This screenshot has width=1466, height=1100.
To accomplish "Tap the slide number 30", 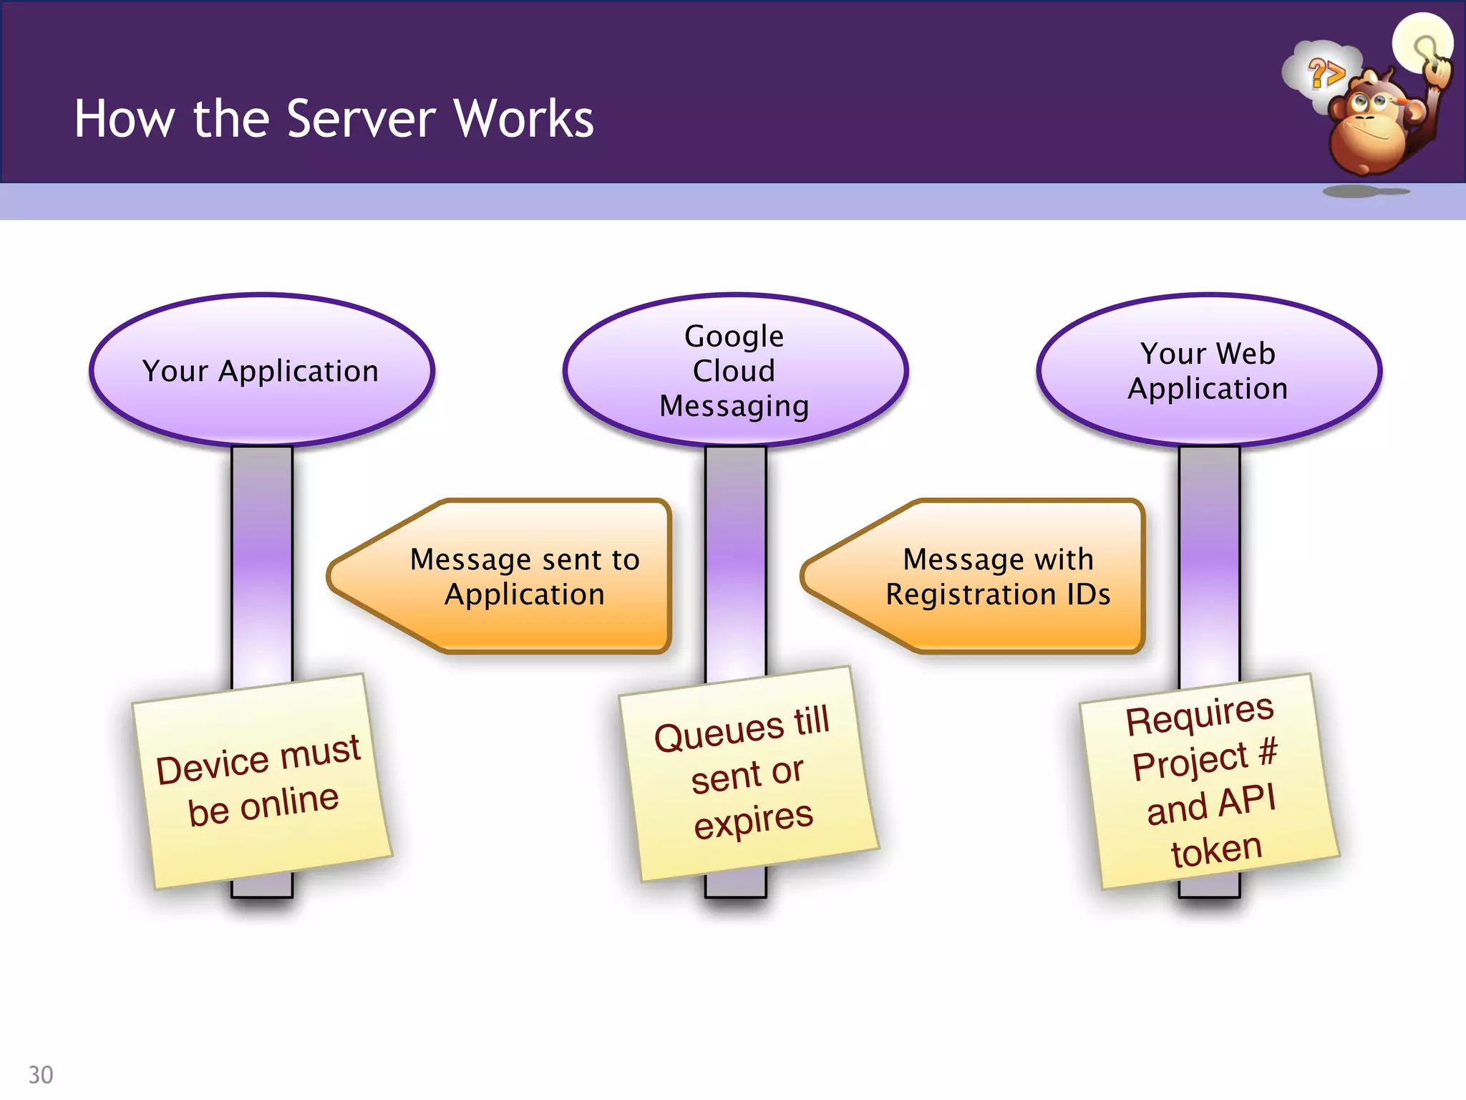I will point(41,1074).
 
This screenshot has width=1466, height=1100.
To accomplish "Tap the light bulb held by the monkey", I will point(1422,43).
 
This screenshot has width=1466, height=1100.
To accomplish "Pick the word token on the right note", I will point(1216,851).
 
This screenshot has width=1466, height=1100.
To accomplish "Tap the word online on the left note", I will point(289,802).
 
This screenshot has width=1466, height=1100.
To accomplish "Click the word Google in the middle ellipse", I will point(734,337).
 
